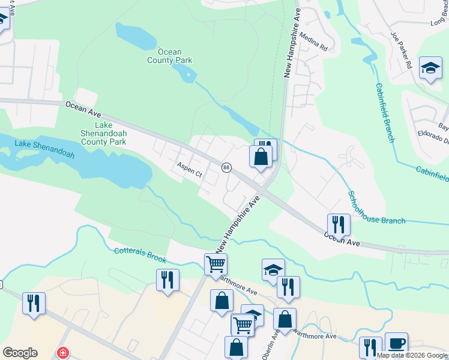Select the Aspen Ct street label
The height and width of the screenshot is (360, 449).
[x=189, y=170]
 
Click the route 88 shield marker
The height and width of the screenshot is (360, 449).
[x=226, y=167]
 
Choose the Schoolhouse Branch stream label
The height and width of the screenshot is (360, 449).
[x=376, y=208]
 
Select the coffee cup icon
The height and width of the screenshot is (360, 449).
[x=396, y=344]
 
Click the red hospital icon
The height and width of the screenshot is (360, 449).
[x=62, y=353]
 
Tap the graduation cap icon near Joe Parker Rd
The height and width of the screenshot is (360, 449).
[x=430, y=68]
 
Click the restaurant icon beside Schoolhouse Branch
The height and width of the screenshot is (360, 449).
[x=339, y=225]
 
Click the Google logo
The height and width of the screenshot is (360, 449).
[x=20, y=353]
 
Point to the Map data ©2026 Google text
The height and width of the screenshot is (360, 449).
[x=412, y=356]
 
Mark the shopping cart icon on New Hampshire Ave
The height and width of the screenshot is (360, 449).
[x=215, y=264]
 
